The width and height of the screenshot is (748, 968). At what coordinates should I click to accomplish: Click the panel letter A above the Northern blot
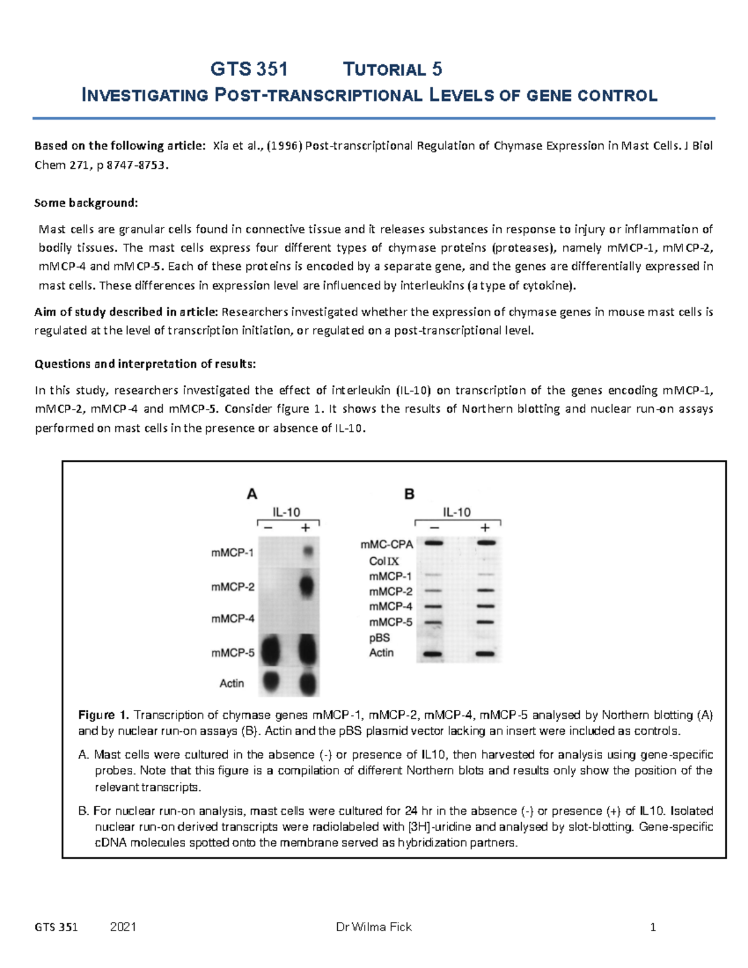[x=252, y=494]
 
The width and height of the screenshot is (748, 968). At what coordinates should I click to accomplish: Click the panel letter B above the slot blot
[x=410, y=494]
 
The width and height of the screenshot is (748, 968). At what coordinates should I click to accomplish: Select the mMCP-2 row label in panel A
[x=233, y=587]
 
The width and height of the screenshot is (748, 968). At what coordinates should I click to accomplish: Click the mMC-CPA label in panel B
[x=386, y=545]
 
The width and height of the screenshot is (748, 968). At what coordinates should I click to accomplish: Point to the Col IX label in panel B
[x=384, y=561]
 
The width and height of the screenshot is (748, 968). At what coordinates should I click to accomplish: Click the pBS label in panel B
[x=380, y=638]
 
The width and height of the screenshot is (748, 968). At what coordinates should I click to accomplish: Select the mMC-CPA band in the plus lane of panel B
[x=486, y=543]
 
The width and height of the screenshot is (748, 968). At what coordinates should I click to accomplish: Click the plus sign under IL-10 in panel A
[x=305, y=528]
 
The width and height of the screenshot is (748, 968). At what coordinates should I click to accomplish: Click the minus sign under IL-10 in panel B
[x=434, y=528]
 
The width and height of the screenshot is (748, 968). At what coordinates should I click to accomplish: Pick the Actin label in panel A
[x=232, y=683]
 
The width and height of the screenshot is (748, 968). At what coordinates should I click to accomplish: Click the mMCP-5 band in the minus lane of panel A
[x=271, y=651]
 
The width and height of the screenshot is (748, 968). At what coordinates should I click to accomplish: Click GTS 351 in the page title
[x=249, y=69]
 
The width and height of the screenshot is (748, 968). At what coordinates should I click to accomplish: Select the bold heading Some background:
[x=86, y=203]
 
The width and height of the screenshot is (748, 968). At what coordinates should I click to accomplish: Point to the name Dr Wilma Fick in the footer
[x=373, y=927]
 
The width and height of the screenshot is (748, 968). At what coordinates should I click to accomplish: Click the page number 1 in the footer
[x=653, y=927]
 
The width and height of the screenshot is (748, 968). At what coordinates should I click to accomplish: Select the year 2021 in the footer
[x=123, y=927]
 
